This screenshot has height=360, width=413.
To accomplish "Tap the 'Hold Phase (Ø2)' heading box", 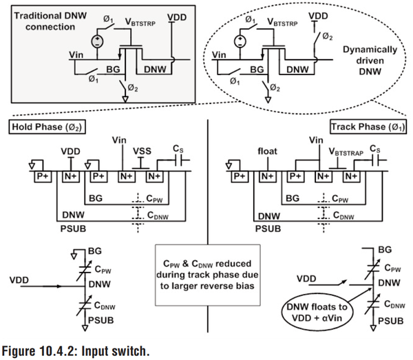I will point(43,129).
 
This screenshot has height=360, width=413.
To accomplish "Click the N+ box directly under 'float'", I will point(267,176).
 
